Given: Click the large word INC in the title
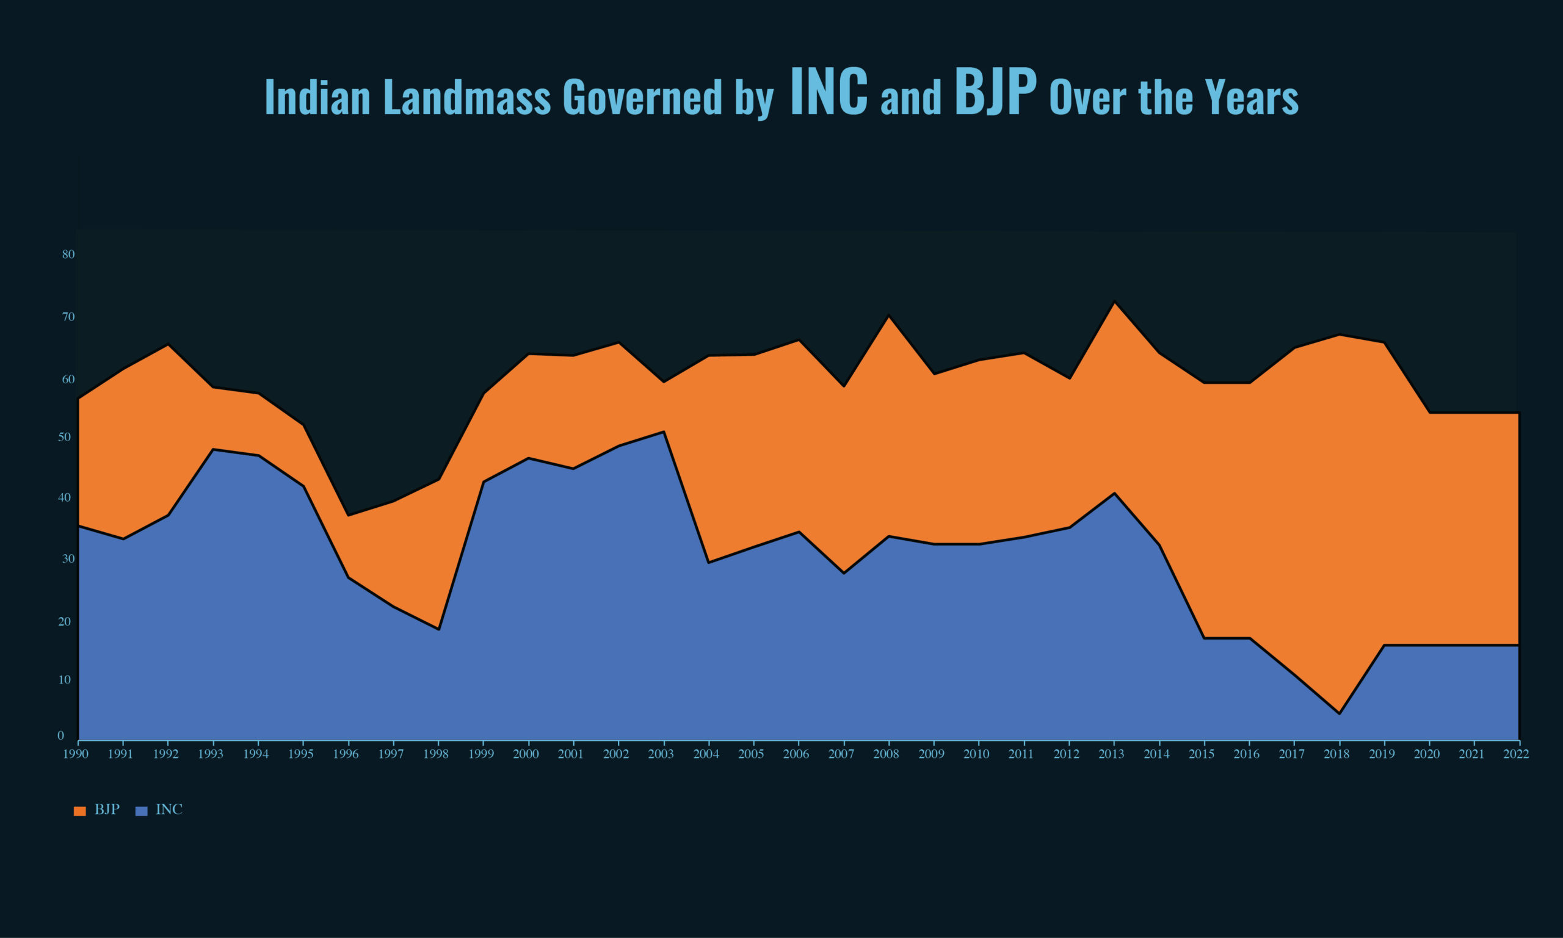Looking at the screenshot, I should click(829, 93).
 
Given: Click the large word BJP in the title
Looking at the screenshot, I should click(995, 93).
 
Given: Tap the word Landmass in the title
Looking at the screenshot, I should click(467, 98).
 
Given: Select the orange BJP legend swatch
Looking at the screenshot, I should click(79, 811).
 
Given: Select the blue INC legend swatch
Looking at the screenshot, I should click(142, 811).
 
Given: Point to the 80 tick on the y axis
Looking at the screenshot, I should click(68, 254).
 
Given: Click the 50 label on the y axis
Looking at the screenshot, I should click(65, 438).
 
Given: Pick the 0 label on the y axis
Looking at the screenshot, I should click(60, 736).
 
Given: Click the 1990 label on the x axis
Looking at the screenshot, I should click(76, 754).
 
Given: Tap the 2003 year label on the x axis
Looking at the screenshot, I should click(661, 754).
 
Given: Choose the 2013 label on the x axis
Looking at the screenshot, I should click(1112, 754).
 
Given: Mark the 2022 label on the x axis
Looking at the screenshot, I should click(1516, 754).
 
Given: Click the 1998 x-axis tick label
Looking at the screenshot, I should click(437, 754).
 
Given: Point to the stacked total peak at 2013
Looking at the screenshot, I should click(1114, 301).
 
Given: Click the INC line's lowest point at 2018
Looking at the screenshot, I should click(1339, 713).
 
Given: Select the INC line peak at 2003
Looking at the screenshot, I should click(664, 431).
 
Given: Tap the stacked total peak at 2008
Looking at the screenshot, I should click(889, 316).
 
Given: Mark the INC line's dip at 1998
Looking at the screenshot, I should click(438, 630).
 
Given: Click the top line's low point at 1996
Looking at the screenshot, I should click(349, 516).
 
